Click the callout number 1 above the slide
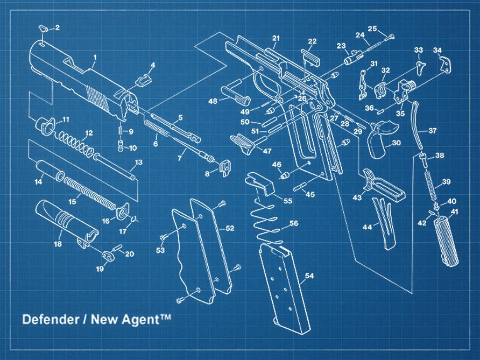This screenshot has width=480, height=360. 95,57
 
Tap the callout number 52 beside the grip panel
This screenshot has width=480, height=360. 230,229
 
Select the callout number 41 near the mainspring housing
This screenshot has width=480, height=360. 454,212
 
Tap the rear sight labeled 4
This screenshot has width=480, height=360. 142,80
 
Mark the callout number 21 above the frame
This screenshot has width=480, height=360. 276,38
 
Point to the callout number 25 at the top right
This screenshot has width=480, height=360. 372,29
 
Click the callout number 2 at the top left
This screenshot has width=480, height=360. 58,27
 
